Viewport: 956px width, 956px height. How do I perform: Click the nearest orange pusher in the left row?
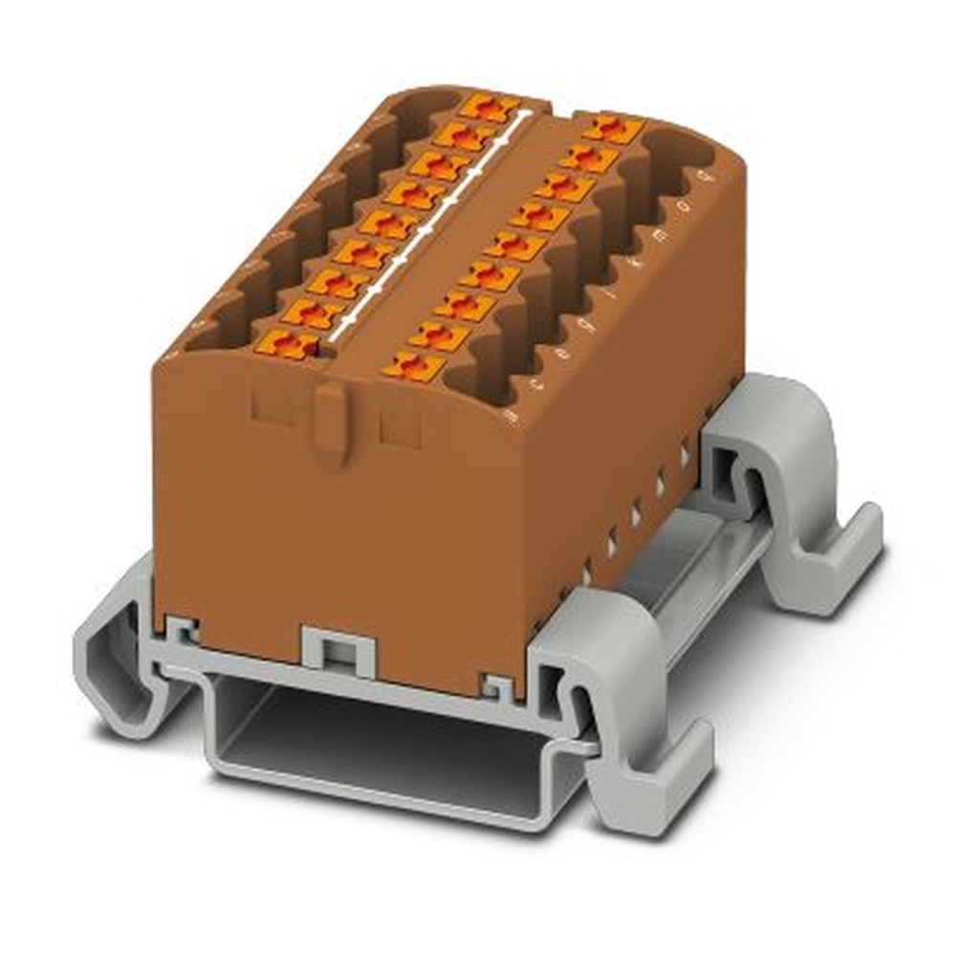tap(287, 342)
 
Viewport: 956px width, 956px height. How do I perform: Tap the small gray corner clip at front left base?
tap(182, 628)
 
